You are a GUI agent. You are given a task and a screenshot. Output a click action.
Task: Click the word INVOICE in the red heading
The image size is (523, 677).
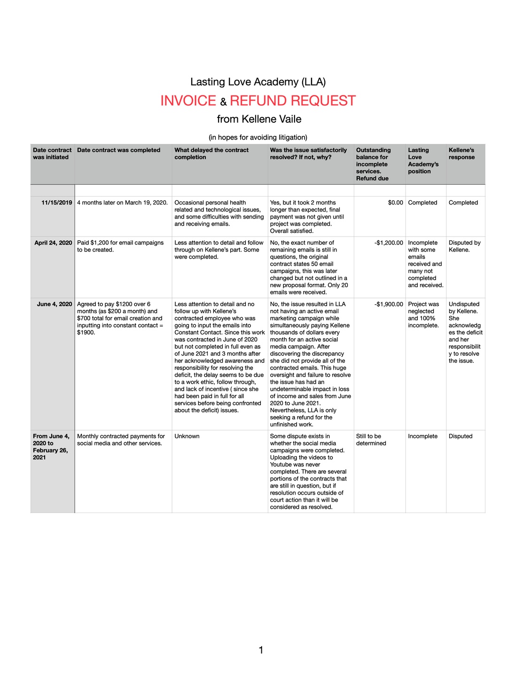coord(188,101)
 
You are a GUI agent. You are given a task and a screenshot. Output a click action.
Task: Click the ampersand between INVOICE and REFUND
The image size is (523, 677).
coord(223,102)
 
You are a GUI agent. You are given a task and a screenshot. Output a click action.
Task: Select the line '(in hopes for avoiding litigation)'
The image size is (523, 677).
coord(258,137)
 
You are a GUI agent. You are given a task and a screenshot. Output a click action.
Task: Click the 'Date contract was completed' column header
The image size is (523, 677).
coord(118,150)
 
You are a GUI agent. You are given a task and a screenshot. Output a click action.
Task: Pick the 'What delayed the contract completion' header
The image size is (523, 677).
coord(211,154)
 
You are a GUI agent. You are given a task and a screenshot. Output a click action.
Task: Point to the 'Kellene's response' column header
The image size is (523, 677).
coord(461,154)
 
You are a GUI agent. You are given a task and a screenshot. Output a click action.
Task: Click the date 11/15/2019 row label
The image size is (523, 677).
coord(57,203)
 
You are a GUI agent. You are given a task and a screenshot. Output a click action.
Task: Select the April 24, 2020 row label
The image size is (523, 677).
coord(53,243)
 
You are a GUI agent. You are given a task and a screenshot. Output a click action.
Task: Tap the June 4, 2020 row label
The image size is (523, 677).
coord(55,304)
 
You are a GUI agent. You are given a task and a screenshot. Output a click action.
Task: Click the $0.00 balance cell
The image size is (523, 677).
coord(395,203)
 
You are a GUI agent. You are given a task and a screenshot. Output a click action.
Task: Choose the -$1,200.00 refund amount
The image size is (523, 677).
coord(389,243)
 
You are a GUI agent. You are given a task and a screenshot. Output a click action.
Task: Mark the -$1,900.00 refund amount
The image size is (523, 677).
coord(389,304)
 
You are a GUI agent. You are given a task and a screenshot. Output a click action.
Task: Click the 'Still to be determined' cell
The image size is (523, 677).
coord(371,440)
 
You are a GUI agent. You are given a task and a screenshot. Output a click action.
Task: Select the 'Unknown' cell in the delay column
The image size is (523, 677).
coord(187,436)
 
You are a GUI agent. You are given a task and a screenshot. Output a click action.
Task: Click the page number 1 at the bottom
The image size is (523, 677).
coord(261,650)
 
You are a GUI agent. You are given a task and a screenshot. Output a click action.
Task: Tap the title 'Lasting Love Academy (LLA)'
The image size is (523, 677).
coord(258,82)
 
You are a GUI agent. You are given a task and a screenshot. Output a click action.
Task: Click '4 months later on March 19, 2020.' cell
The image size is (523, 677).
coord(122,203)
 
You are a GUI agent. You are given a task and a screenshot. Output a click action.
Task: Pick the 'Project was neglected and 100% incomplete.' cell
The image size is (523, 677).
coord(423,315)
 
